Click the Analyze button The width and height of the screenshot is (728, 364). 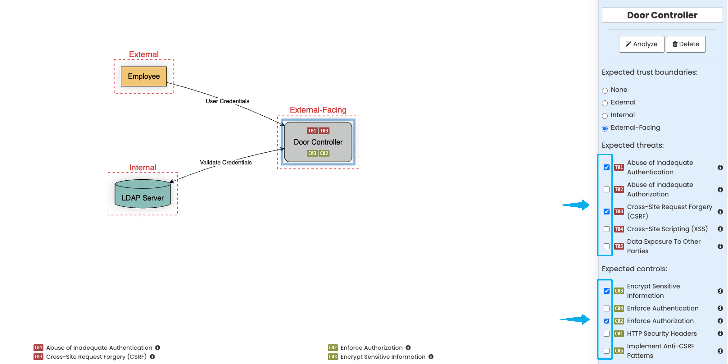point(641,44)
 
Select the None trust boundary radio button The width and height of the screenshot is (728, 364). point(605,90)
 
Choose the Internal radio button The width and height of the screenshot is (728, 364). point(605,116)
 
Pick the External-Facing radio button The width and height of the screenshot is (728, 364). point(605,128)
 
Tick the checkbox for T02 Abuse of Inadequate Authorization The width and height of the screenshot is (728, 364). point(607,189)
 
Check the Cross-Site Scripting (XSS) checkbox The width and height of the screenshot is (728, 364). point(607,229)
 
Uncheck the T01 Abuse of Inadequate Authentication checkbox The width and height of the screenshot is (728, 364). point(607,167)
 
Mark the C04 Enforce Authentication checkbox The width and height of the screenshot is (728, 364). point(607,308)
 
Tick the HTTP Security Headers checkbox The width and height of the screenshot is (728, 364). point(607,334)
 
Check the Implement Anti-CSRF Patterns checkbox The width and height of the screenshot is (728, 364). point(607,351)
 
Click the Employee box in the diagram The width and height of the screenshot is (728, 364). point(144,76)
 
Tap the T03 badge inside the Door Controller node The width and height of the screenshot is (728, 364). point(324,131)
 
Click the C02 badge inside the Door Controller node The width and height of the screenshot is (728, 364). point(324,153)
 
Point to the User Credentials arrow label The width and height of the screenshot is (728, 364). point(227,101)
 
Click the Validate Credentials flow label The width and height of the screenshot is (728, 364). point(225,162)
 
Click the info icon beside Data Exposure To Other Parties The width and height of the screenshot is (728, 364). point(720,246)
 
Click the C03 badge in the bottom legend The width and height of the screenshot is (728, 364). point(333,357)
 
